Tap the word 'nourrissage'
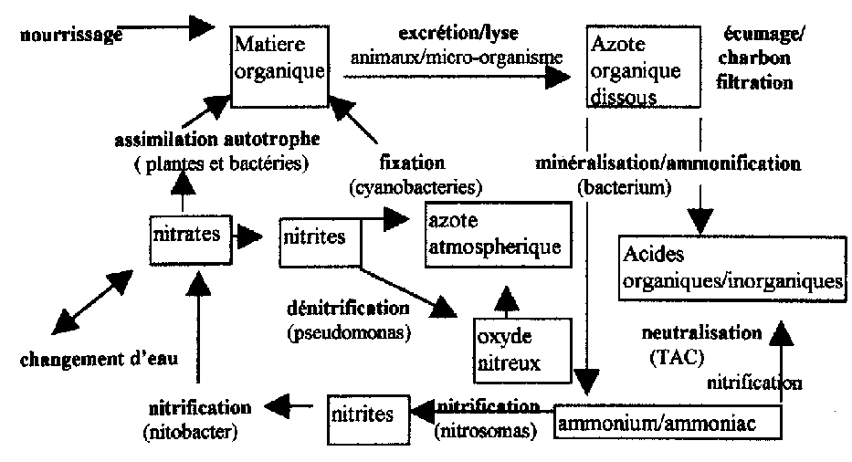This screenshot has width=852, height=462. pos(70,35)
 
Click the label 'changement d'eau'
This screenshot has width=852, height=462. pos(99,359)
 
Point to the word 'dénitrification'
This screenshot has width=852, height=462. pos(348,309)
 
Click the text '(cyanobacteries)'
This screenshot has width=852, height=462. pos(415,187)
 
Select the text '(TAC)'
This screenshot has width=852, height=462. pos(677,357)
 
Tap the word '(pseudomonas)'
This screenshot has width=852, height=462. pos(349,332)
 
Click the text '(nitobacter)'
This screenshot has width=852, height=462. pos(191,432)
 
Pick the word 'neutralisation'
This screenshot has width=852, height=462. pos(702,332)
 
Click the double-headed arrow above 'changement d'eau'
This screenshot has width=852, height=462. pos(92,302)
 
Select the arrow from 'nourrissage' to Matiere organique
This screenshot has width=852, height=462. pos(166,26)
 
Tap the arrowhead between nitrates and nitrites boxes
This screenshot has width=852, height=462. pos(249,237)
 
